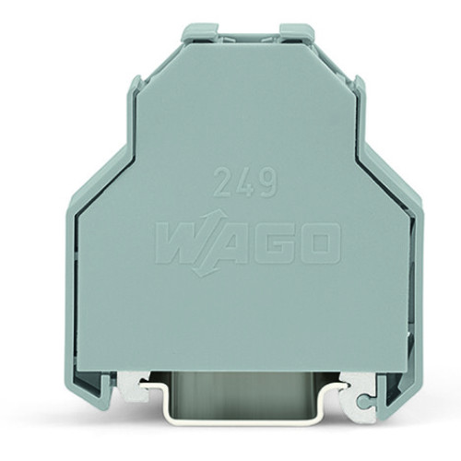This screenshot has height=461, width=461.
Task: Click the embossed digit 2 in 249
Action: point(223,182)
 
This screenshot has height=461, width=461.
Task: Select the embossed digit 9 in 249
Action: point(267,182)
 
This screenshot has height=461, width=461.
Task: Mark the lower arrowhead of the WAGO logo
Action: point(197,270)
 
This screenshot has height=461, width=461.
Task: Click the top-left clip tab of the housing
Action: point(200,33)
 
